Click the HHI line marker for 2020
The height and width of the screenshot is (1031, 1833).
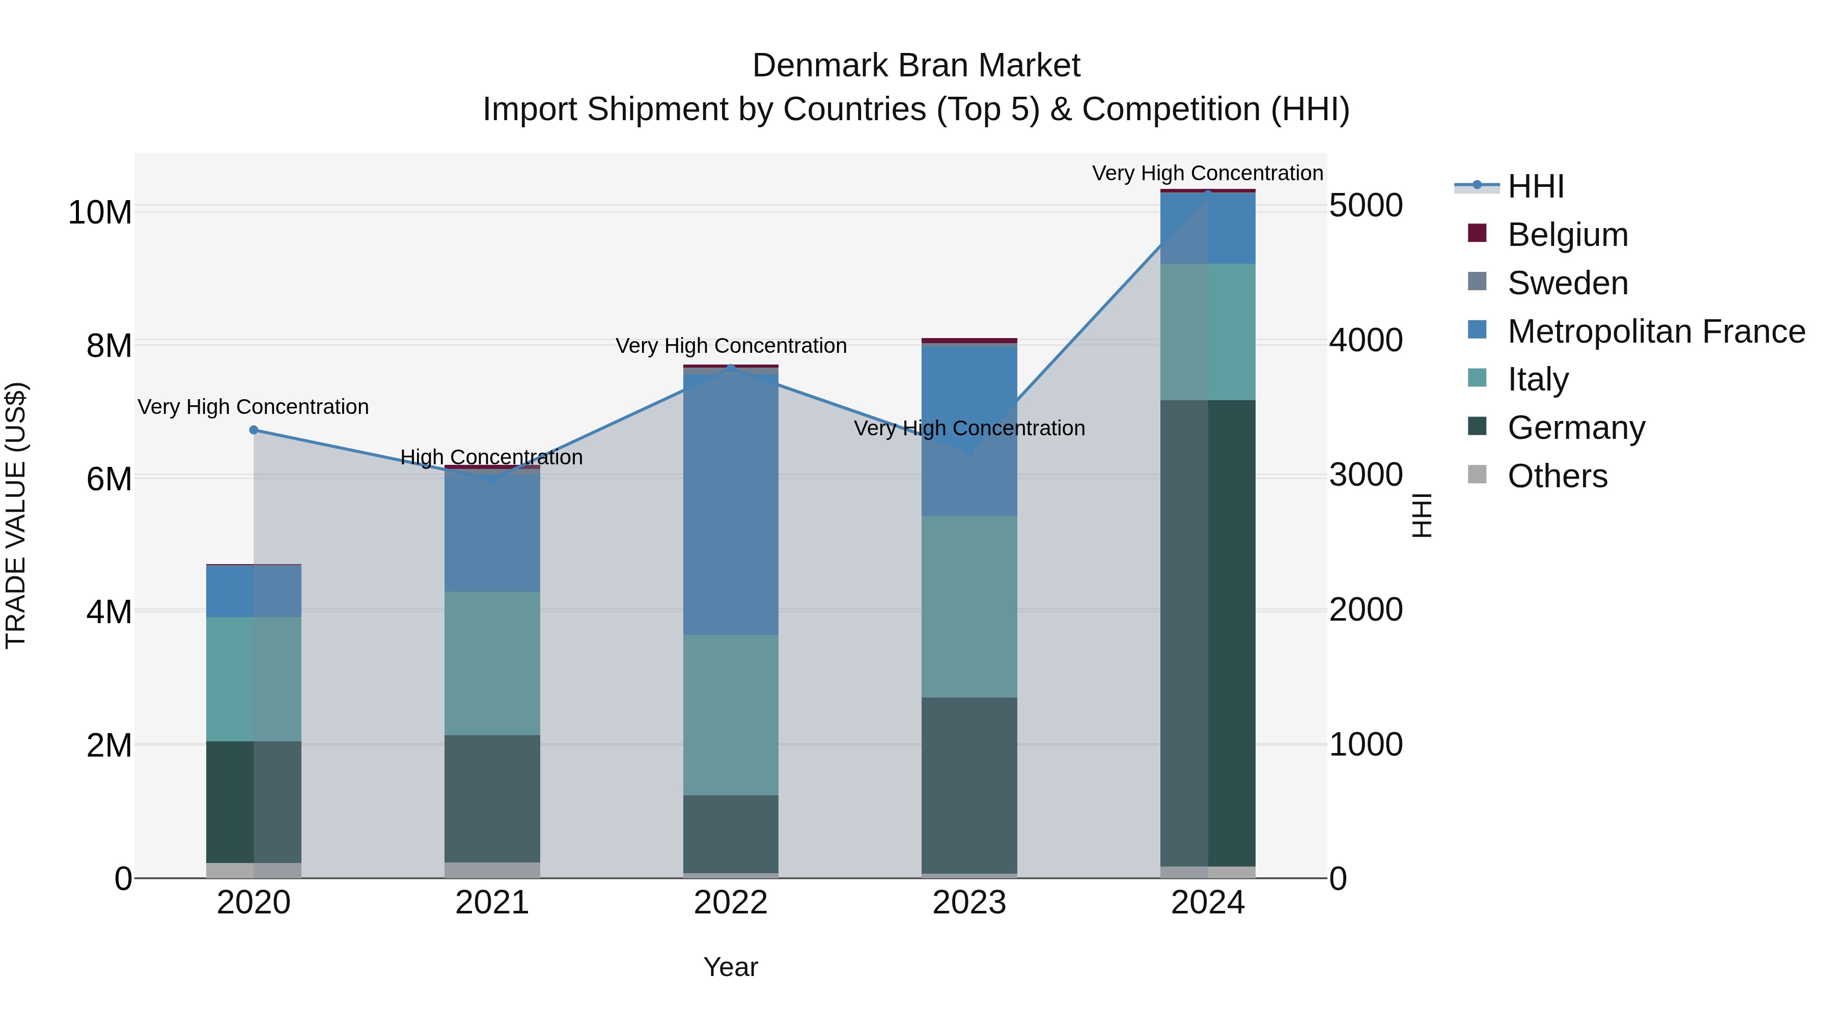254,430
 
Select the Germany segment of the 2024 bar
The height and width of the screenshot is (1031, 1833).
1208,633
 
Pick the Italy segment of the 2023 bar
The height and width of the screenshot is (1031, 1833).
969,606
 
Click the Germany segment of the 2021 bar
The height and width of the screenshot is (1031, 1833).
492,798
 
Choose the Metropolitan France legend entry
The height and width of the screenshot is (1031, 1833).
1655,331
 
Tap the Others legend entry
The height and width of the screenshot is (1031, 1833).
1557,476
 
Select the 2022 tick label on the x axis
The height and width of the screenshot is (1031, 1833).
731,903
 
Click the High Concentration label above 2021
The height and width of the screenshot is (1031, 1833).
492,457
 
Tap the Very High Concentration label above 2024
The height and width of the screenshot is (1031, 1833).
1208,173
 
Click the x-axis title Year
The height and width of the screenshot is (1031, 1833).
731,967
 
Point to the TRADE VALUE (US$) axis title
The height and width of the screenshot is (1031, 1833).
16,515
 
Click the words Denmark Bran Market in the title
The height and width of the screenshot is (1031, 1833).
916,66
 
